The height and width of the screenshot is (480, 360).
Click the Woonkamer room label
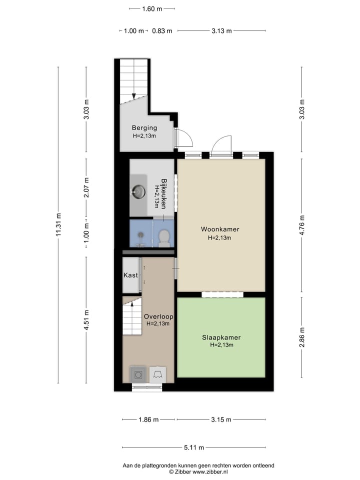[x=220, y=229]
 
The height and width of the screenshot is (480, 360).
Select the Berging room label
[x=144, y=128]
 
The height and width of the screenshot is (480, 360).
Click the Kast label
[x=130, y=275]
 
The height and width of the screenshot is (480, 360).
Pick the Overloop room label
[x=158, y=316]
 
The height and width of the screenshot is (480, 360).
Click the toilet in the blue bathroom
[x=163, y=237]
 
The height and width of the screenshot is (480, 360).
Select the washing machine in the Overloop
[x=137, y=374]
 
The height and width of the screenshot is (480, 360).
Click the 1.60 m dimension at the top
[x=152, y=8]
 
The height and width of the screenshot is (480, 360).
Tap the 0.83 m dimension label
[x=162, y=31]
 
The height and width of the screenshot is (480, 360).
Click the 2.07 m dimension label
[x=86, y=187]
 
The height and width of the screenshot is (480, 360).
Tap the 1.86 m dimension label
[x=149, y=419]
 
